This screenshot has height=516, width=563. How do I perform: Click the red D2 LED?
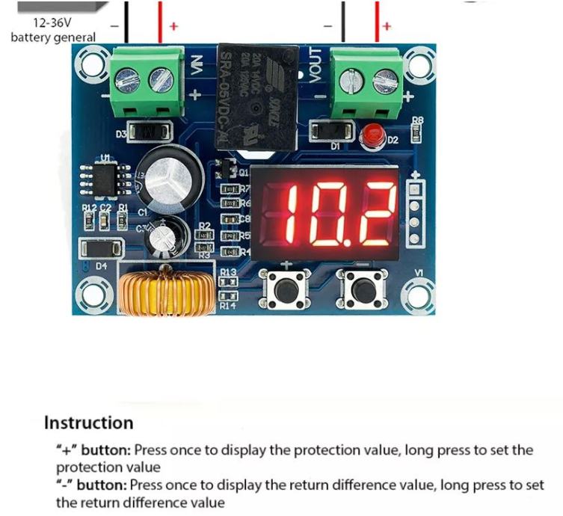[369, 137]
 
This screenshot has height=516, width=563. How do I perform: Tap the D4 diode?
[96, 250]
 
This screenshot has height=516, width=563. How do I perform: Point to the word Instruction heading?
[88, 423]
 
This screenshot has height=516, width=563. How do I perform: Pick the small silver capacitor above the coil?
[165, 236]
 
